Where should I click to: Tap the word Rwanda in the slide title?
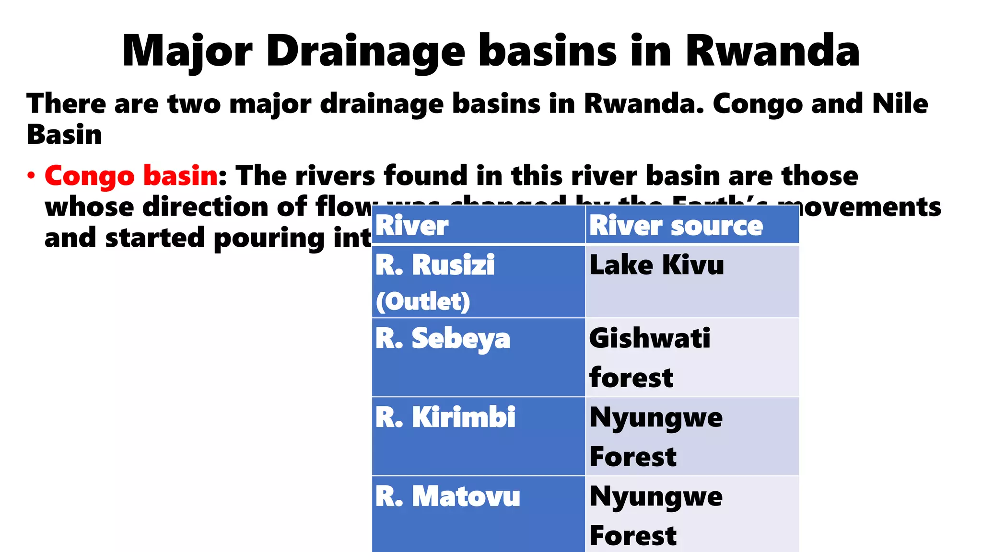coord(772,51)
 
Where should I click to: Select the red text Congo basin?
coord(131,176)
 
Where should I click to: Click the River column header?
coord(412,226)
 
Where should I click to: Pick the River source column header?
coord(676,226)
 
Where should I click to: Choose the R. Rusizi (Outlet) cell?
coord(478,282)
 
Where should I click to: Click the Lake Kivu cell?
coord(692,282)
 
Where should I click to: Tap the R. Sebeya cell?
coord(478,357)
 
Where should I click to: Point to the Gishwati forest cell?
coord(692,357)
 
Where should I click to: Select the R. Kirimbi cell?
coord(478,436)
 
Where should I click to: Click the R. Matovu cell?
coord(478,514)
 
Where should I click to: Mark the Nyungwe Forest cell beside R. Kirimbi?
coord(692,436)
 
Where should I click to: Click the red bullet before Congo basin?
coord(31,176)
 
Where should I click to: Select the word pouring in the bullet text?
coord(269,239)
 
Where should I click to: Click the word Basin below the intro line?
coord(64,135)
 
